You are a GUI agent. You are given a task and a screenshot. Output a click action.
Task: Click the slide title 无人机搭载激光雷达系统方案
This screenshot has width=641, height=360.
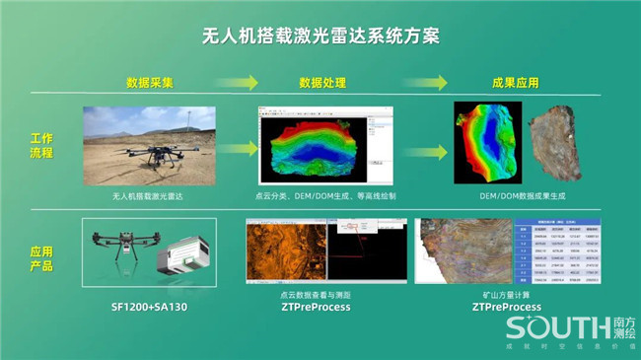320,35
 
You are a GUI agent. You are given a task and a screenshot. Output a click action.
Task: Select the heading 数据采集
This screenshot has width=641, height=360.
150,83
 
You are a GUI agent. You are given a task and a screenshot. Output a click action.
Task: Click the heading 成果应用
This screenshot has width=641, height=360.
516,83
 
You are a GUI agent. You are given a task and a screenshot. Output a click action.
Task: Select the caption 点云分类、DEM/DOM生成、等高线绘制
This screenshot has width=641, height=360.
325,196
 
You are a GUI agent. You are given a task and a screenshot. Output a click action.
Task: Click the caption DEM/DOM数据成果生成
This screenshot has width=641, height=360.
516,196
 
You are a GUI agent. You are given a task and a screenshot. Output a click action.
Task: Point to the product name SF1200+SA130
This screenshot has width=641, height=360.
150,307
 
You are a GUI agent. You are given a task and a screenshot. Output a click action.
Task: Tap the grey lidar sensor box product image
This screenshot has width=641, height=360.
184,258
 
